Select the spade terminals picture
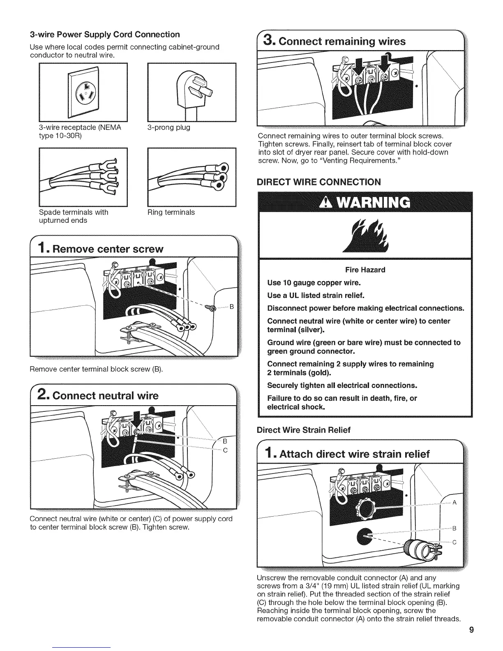[x=83, y=177]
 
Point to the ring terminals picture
[x=192, y=177]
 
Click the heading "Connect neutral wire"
[x=106, y=396]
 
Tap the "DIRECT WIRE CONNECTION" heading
[x=318, y=182]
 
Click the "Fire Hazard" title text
[x=365, y=270]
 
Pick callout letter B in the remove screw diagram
[x=231, y=307]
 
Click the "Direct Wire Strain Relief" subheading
[x=303, y=430]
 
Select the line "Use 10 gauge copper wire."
[x=314, y=283]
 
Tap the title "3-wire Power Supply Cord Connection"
[x=105, y=34]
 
